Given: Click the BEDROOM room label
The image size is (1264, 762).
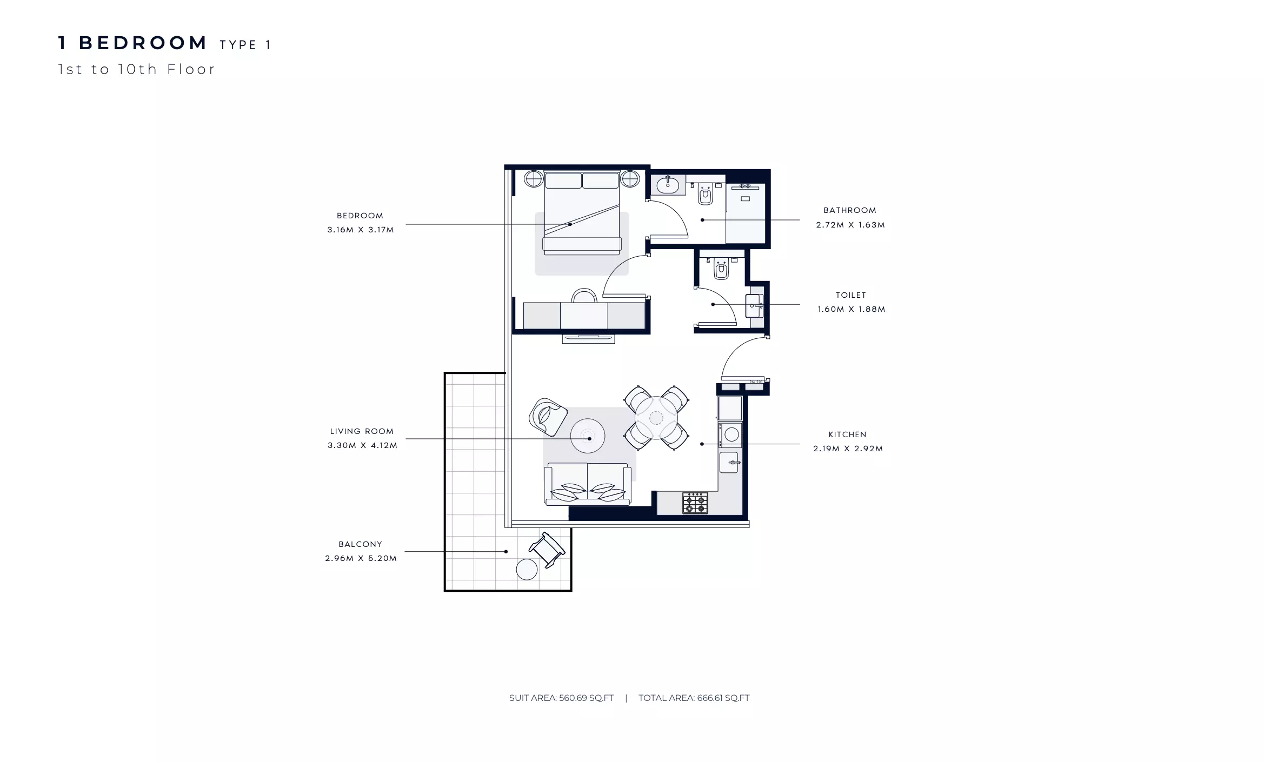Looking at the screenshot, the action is [360, 216].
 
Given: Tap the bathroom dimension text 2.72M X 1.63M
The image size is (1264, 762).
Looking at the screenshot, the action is [850, 225].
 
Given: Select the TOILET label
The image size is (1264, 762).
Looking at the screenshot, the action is [851, 295].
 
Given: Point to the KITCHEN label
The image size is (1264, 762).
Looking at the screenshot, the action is [847, 435].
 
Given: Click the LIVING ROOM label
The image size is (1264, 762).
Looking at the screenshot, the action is [362, 431].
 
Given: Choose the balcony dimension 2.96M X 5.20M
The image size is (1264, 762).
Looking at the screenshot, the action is [361, 558].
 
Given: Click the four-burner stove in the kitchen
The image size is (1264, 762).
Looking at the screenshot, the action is [695, 503].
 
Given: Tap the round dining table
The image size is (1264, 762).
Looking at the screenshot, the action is [656, 418].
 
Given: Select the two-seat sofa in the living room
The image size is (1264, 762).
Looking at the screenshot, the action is [587, 484].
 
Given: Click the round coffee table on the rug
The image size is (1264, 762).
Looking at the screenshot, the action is [588, 436].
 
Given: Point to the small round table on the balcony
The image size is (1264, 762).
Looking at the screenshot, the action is [527, 569].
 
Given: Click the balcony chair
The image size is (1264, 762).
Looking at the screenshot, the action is [547, 550].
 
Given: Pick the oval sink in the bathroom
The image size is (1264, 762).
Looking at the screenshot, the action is [668, 185].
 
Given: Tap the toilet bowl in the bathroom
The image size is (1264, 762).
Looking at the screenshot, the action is [705, 195].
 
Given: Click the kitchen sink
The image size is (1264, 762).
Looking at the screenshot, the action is [729, 463].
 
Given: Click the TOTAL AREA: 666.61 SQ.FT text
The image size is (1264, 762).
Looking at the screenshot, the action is [694, 698].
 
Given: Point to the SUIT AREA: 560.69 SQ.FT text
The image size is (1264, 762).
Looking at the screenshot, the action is [561, 698].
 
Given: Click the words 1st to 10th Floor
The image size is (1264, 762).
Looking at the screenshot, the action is [136, 69].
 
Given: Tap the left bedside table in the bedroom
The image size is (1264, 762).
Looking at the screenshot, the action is [534, 178].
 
